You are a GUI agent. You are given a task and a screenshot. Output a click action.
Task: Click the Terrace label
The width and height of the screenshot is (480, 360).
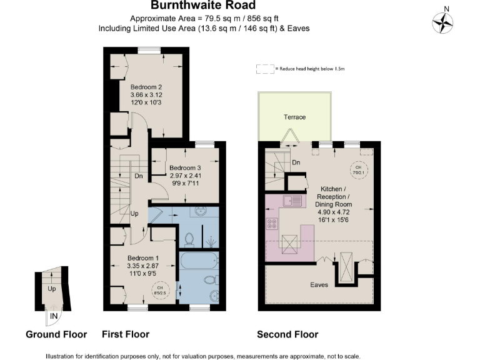point(294,117)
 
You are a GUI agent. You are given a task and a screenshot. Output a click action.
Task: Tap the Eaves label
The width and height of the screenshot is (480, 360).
point(319,284)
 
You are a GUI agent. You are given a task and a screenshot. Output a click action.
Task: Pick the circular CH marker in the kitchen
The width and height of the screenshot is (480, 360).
point(358,169)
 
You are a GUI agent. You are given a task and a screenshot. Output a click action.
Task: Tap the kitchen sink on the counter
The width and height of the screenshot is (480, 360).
point(292,201)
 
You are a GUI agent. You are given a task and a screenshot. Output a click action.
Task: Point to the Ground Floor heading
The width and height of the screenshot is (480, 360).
point(56,334)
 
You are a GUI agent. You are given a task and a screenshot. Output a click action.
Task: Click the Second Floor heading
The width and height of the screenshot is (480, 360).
point(287,334)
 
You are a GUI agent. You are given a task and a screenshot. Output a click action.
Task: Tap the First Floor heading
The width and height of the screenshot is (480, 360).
point(125,334)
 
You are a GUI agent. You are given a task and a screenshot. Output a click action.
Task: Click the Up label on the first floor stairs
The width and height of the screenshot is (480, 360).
point(134,214)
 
